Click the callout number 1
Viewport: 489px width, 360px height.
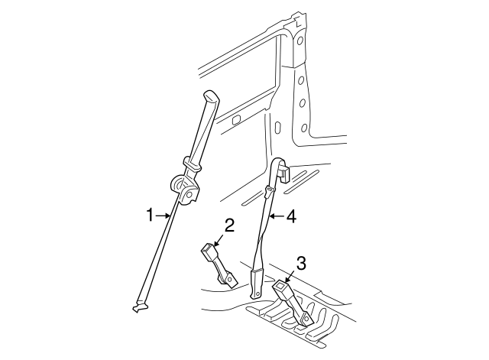(x=151, y=216)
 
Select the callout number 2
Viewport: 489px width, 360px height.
(x=229, y=225)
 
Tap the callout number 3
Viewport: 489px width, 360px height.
(x=301, y=263)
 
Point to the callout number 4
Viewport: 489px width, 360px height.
(x=291, y=216)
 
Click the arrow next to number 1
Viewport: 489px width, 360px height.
(x=163, y=216)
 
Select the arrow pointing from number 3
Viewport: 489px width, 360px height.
(x=290, y=277)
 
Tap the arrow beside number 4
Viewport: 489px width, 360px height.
(x=277, y=216)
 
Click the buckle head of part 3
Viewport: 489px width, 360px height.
(x=280, y=287)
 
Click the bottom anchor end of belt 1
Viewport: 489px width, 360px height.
(x=140, y=306)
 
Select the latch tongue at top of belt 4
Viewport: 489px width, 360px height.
(x=285, y=175)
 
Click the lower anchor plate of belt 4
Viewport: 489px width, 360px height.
(x=257, y=284)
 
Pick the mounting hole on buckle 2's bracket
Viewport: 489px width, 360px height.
(x=230, y=278)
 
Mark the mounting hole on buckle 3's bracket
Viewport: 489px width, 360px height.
(x=306, y=319)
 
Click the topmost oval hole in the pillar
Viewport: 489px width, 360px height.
(x=300, y=41)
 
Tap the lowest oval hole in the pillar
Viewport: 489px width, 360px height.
(x=304, y=128)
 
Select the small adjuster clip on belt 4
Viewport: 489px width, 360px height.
(x=269, y=191)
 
